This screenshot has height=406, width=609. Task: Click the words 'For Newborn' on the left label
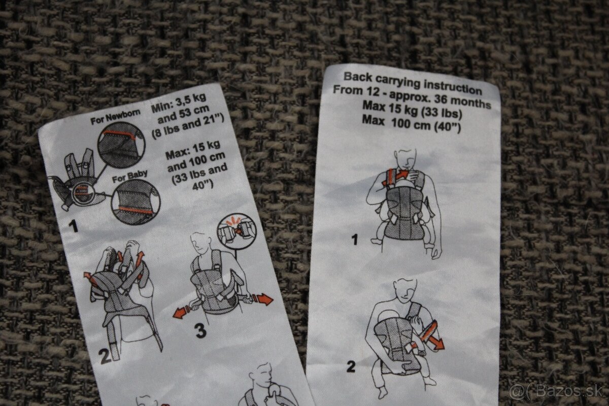tap(116, 117)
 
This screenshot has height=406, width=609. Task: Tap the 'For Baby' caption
tap(130, 176)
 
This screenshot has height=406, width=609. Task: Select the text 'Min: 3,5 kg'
tap(179, 103)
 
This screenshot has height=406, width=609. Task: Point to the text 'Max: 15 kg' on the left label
tap(193, 150)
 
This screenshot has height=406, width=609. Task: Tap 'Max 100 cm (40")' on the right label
tap(412, 124)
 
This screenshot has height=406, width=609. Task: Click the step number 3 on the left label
tap(200, 331)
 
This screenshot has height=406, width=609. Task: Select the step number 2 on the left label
tap(105, 356)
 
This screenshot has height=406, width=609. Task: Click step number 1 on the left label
tap(74, 226)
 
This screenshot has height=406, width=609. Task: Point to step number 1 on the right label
tap(355, 240)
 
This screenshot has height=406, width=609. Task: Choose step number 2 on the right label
tap(351, 367)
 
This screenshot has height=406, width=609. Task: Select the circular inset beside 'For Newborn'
tap(121, 145)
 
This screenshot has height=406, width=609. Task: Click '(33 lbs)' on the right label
tap(441, 113)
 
